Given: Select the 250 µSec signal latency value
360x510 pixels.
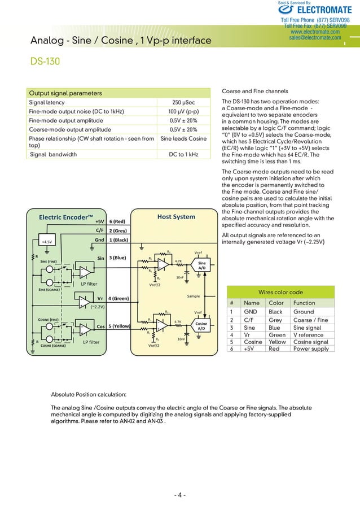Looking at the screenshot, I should click(x=183, y=103).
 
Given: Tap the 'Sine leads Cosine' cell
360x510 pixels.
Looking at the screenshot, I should click(x=183, y=138).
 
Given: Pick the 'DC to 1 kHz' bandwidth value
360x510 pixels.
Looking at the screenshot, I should click(x=183, y=154).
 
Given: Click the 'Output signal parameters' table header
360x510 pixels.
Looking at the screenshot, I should click(x=65, y=93).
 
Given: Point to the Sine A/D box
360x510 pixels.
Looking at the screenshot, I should click(x=201, y=265).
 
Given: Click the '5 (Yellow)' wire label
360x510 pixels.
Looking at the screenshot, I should click(x=121, y=326).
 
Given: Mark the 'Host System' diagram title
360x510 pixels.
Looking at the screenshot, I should click(x=176, y=216).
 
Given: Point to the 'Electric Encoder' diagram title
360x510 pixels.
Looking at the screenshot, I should click(x=65, y=217).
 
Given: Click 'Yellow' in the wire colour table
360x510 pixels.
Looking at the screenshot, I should click(x=277, y=342).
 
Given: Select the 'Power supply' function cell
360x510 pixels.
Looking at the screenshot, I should click(x=310, y=348).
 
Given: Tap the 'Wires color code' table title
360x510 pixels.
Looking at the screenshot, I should click(x=280, y=292).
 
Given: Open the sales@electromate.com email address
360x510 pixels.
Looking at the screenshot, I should click(x=314, y=38).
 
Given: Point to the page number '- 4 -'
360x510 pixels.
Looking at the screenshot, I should click(x=180, y=496).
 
